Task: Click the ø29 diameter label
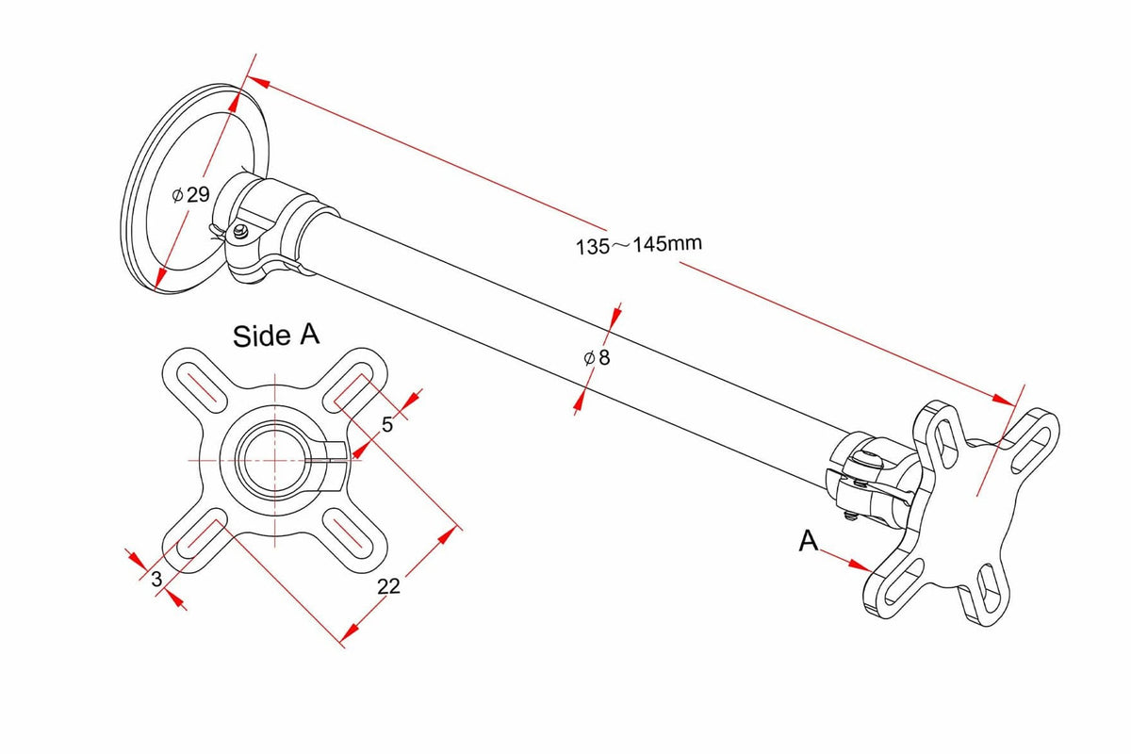tap(190, 194)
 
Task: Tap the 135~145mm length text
tap(639, 245)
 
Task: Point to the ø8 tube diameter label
tap(597, 357)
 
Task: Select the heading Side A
tap(275, 336)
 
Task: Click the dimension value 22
tap(388, 586)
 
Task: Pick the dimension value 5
tap(386, 425)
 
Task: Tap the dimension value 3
tap(156, 579)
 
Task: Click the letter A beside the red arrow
tap(808, 541)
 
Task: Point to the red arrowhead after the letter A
tap(860, 565)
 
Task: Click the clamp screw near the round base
tap(240, 232)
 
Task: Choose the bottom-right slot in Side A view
tap(349, 534)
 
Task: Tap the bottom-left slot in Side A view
tap(202, 533)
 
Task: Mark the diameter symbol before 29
tap(177, 195)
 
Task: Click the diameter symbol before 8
tap(589, 358)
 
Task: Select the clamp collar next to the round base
tap(263, 227)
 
